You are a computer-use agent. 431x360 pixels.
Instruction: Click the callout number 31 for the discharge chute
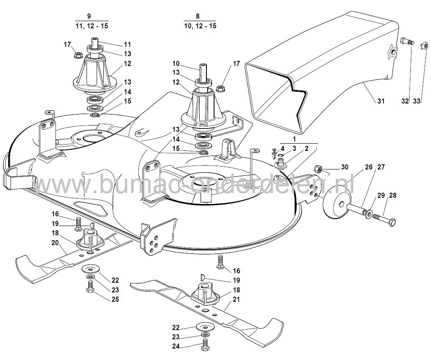(x=381, y=101)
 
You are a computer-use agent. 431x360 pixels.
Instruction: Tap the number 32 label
(x=405, y=101)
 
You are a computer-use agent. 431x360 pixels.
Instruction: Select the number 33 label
(x=417, y=101)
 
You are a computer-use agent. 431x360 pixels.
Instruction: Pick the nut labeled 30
(x=317, y=169)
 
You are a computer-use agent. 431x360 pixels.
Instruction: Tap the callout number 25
(x=115, y=299)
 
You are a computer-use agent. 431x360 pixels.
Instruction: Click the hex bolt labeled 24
(x=205, y=344)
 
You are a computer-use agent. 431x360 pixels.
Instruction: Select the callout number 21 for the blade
(x=236, y=299)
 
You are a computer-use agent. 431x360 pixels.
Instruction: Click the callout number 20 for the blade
(x=55, y=243)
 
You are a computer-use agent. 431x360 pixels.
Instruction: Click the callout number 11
(x=127, y=44)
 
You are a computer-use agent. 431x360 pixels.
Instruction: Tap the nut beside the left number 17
(x=78, y=55)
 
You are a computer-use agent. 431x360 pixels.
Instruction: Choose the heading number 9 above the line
(x=89, y=16)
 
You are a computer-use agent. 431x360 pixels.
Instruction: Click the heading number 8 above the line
(x=198, y=16)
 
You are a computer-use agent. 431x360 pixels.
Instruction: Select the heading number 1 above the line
(x=294, y=139)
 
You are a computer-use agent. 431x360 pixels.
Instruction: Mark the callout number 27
(x=381, y=167)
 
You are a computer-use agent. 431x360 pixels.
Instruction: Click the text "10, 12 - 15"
(x=201, y=26)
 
